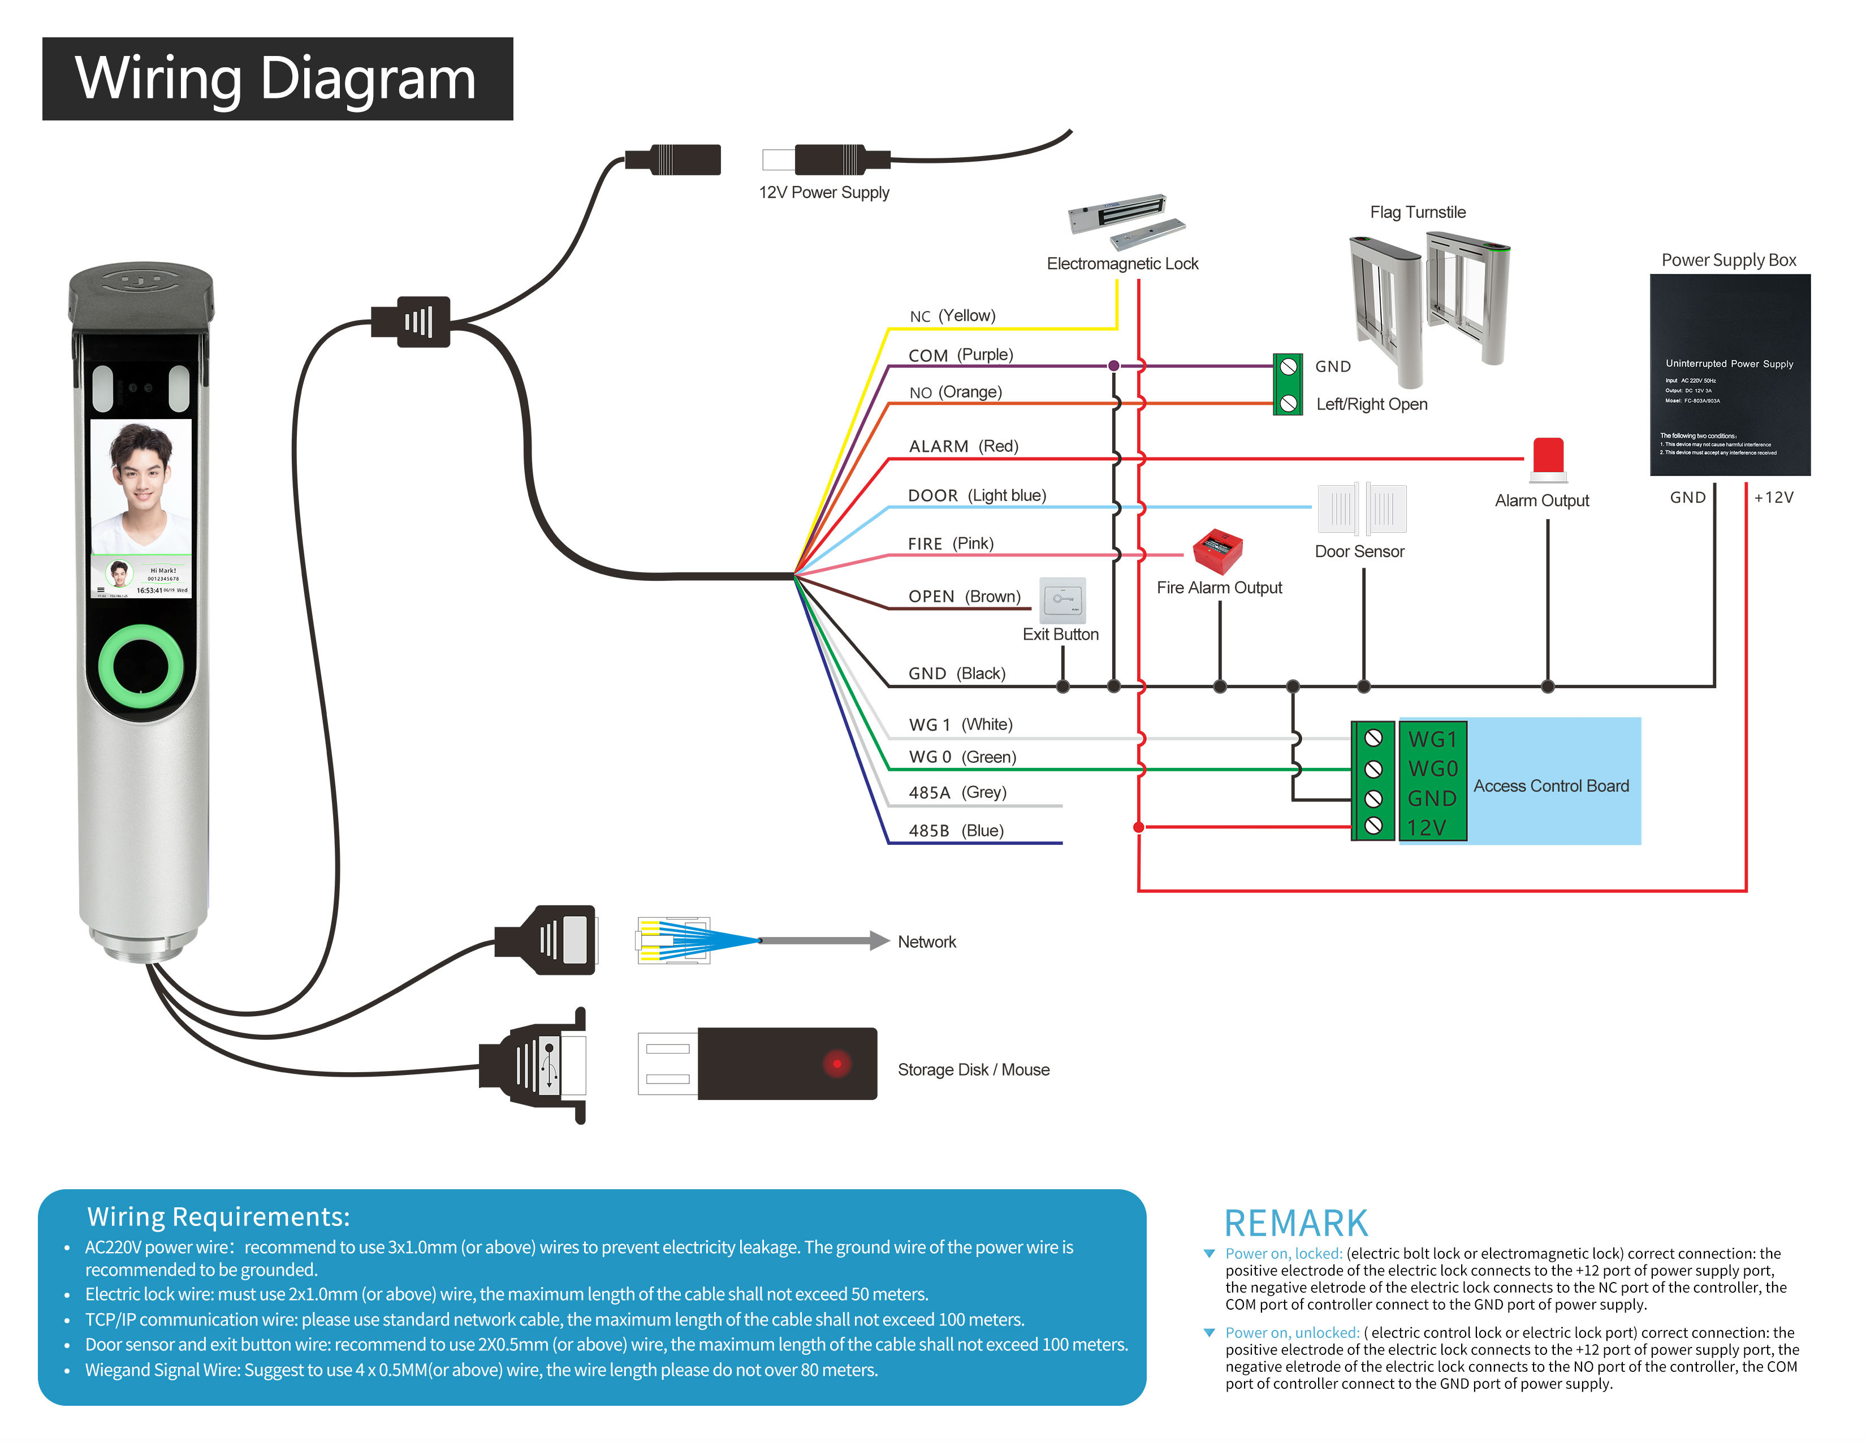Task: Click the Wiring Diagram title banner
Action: pyautogui.click(x=277, y=79)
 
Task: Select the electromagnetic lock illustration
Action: pyautogui.click(x=1124, y=217)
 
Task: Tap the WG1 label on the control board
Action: pyautogui.click(x=1432, y=739)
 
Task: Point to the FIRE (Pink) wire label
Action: pyautogui.click(x=950, y=544)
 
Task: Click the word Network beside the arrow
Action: pyautogui.click(x=926, y=942)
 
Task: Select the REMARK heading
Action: pyautogui.click(x=1295, y=1223)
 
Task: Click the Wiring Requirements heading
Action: pyautogui.click(x=219, y=1216)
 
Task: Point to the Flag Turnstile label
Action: pyautogui.click(x=1418, y=213)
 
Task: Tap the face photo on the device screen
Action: pyautogui.click(x=141, y=486)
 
